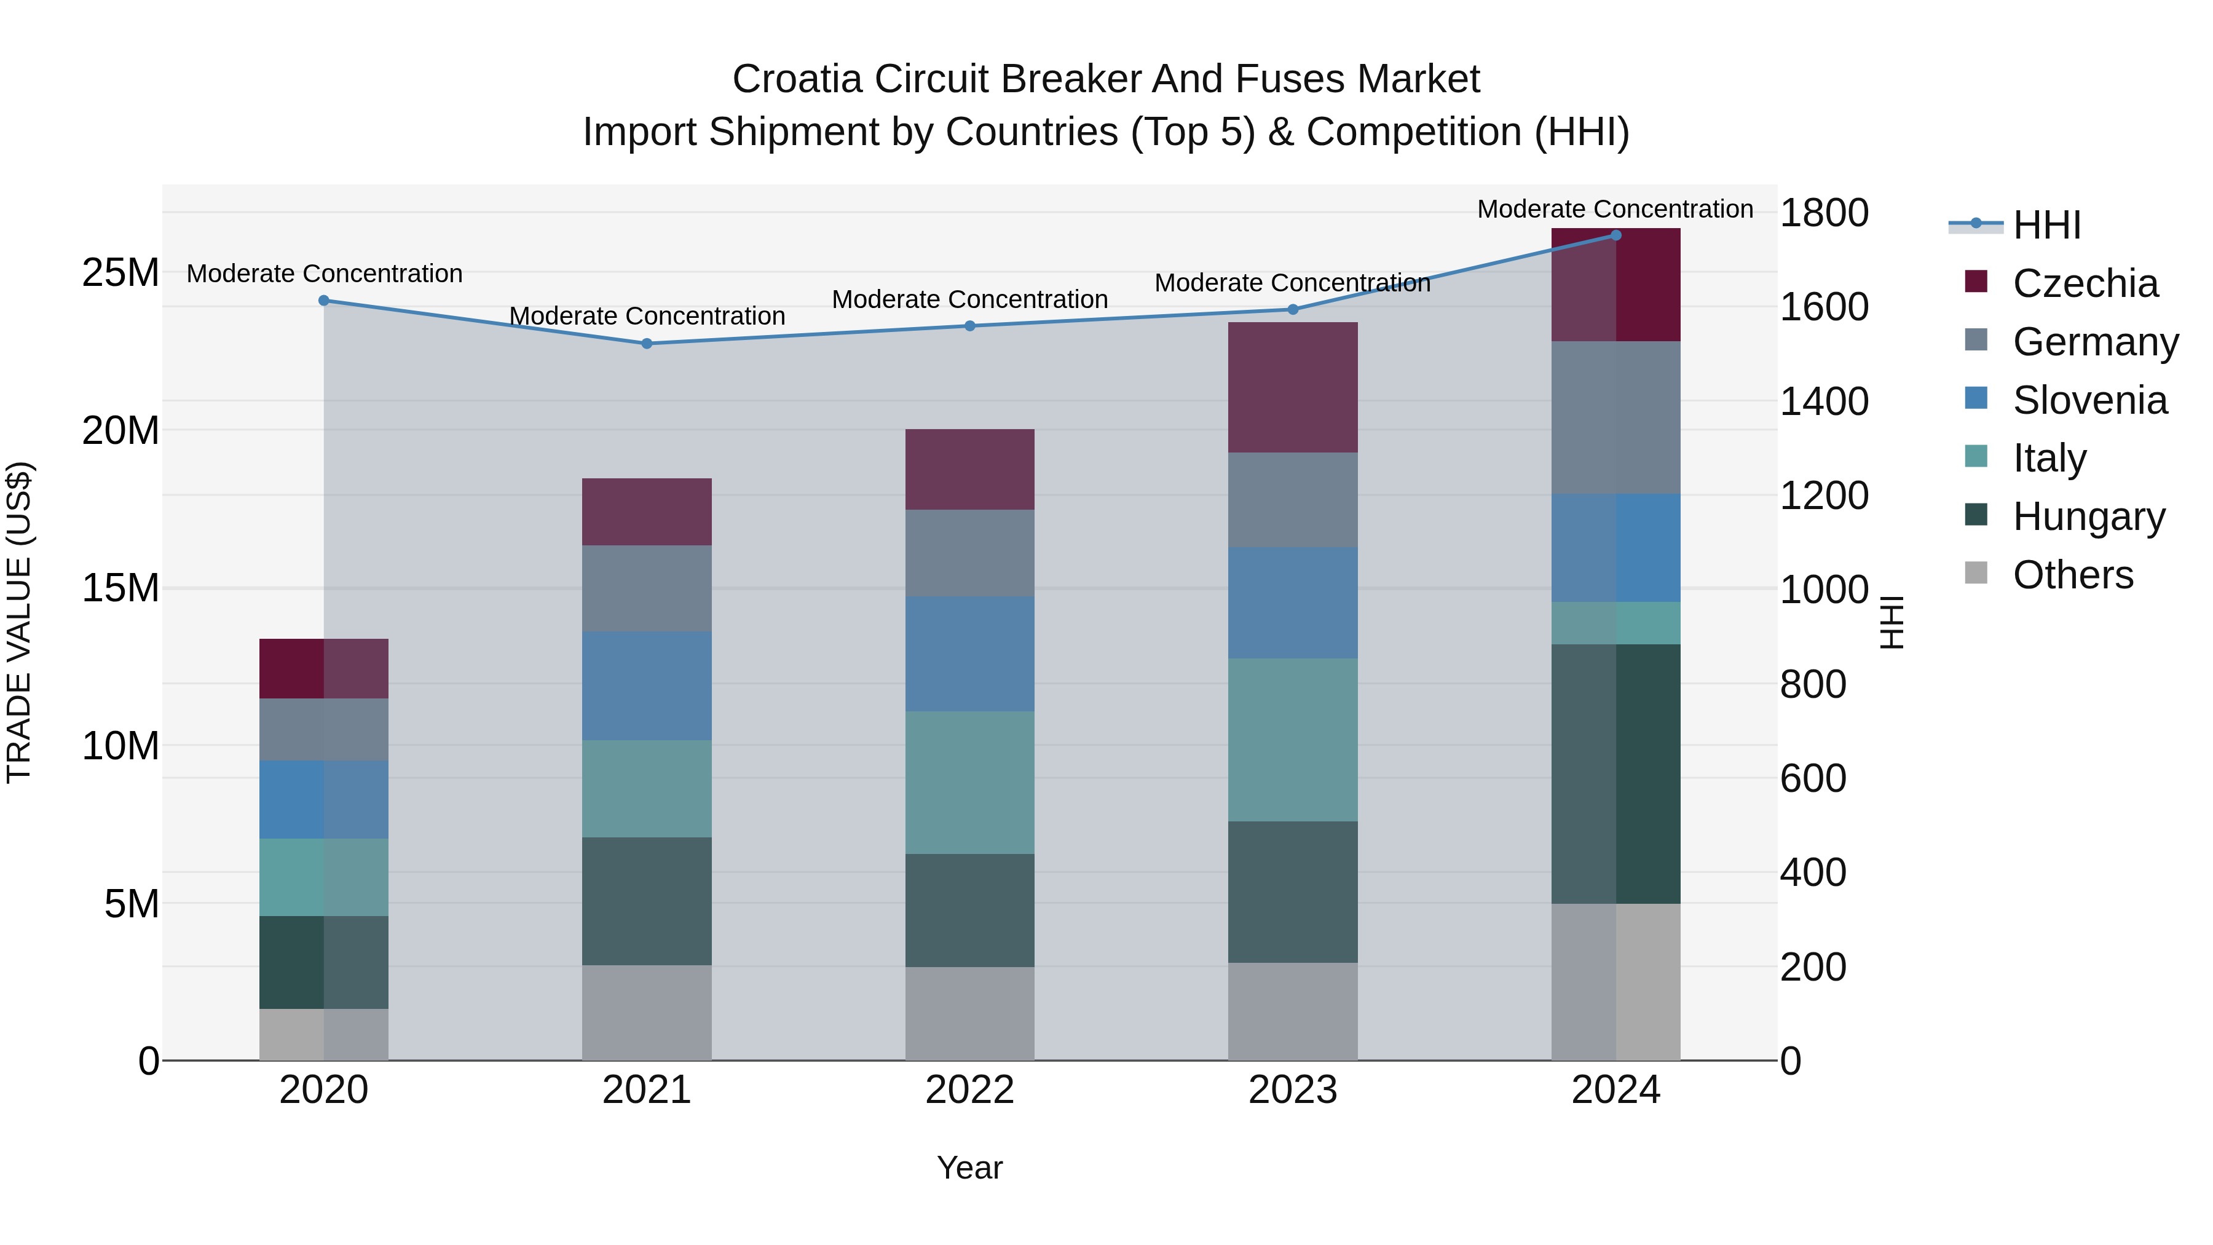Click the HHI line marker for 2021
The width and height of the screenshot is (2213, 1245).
(x=647, y=344)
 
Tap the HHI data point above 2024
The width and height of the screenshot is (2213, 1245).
(x=1615, y=235)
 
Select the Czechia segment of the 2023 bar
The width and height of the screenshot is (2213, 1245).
(x=1293, y=387)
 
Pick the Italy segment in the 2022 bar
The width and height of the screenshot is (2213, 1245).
(x=970, y=783)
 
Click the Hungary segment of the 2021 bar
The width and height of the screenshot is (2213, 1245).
(x=647, y=901)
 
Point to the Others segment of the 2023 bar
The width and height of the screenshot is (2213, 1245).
(x=1293, y=1011)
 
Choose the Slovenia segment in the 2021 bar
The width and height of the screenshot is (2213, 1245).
(x=647, y=686)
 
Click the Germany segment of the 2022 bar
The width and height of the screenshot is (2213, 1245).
(x=970, y=553)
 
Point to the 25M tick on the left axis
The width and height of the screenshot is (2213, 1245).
(x=120, y=272)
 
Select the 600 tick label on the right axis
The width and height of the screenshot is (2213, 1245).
(x=1813, y=778)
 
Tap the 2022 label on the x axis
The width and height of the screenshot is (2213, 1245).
(x=970, y=1090)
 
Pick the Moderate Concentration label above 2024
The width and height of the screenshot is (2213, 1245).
(x=1615, y=209)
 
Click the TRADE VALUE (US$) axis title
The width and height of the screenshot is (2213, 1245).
(x=19, y=622)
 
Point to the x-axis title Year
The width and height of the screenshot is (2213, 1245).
(x=970, y=1168)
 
